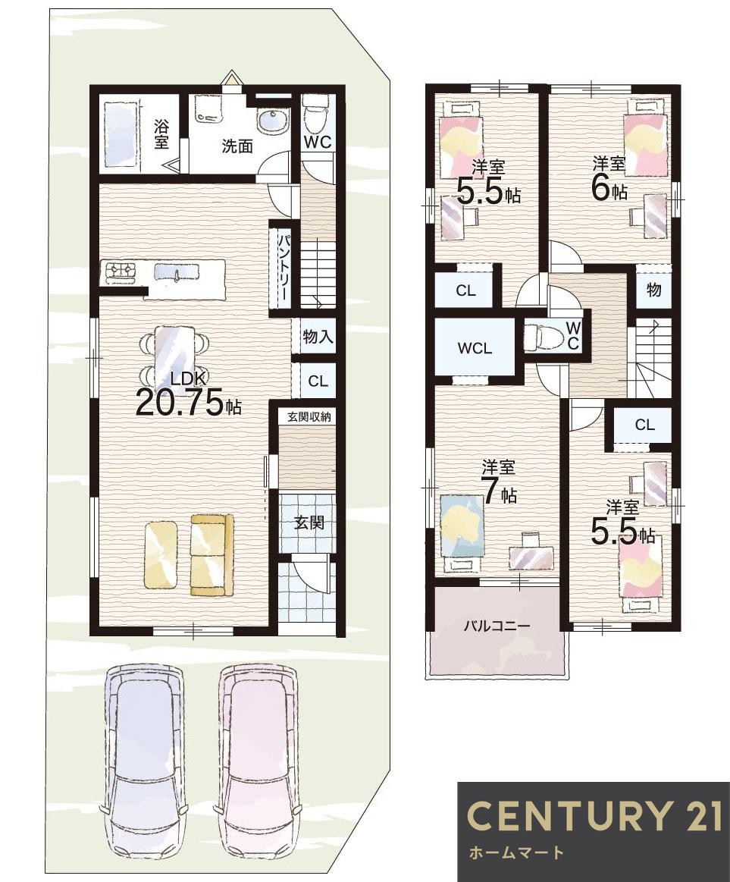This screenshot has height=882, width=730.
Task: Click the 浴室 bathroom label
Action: click(x=161, y=133)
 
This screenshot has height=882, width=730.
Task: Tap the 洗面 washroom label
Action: click(x=237, y=146)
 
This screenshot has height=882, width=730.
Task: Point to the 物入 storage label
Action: click(x=318, y=337)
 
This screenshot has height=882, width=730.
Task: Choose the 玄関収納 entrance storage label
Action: click(x=309, y=417)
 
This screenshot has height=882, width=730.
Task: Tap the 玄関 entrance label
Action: click(x=309, y=522)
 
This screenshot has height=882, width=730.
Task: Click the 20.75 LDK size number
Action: click(x=180, y=402)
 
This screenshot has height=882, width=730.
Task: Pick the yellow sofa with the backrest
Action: click(x=211, y=554)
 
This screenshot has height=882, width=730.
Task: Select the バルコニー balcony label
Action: click(x=497, y=626)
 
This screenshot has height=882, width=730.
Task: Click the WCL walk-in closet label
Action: click(x=475, y=348)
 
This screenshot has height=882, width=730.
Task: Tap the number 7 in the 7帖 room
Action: click(x=490, y=493)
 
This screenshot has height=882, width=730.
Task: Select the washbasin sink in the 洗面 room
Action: click(x=272, y=121)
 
